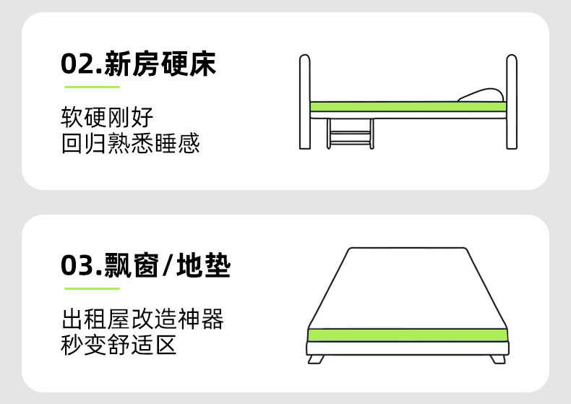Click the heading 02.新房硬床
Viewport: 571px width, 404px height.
pos(138,64)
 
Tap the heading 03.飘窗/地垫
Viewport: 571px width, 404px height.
pos(146,265)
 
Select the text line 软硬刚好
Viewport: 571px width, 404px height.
pos(107,117)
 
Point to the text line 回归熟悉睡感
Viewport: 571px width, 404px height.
pos(130,143)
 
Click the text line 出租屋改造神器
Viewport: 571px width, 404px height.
pos(142,319)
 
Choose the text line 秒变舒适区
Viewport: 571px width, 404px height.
pos(119,345)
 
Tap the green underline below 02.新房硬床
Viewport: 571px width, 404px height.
pos(92,87)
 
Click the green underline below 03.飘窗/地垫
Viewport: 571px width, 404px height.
pos(92,288)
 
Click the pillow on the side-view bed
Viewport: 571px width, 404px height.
pos(481,95)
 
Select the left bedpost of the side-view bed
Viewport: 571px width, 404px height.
pos(305,102)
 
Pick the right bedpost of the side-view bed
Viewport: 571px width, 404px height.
pos(512,102)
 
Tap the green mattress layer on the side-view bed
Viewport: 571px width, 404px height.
pos(408,107)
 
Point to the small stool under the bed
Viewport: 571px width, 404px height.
pos(351,133)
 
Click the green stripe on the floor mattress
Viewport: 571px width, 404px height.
pos(408,335)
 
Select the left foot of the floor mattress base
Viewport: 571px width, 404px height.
pos(316,359)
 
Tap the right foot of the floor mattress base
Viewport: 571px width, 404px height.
pos(498,359)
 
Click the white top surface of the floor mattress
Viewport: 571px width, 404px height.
pos(408,288)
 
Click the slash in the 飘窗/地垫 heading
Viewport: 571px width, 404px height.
pos(168,265)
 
